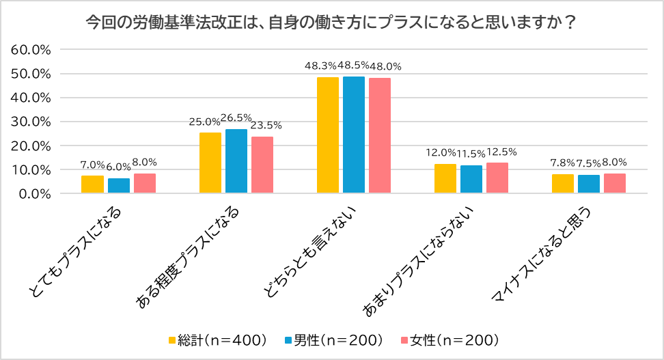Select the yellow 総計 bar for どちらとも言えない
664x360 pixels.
click(x=328, y=135)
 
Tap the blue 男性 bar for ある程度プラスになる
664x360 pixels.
click(x=236, y=161)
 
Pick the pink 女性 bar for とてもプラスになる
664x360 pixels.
click(x=145, y=183)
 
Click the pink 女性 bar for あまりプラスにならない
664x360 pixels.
click(x=497, y=178)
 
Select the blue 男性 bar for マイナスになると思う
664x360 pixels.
click(x=589, y=184)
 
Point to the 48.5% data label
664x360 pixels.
click(x=354, y=66)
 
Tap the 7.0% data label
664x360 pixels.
click(x=92, y=165)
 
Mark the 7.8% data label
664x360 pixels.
click(x=564, y=163)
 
